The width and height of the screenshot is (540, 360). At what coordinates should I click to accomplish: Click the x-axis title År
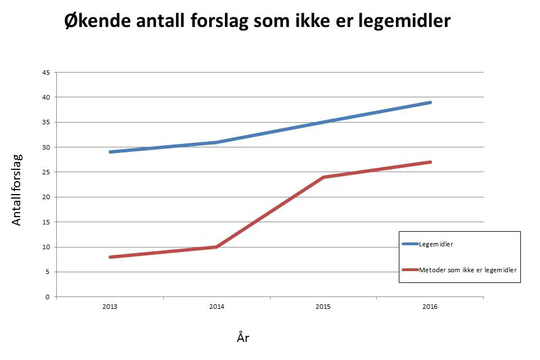click(x=243, y=337)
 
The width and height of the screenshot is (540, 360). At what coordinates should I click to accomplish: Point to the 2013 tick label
click(x=110, y=307)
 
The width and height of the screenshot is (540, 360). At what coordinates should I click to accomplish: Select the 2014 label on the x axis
click(x=217, y=307)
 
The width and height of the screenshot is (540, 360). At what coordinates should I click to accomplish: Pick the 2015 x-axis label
click(x=323, y=307)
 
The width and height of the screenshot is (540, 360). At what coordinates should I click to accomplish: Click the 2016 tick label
click(x=430, y=307)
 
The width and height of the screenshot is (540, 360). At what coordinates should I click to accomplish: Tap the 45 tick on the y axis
click(x=46, y=73)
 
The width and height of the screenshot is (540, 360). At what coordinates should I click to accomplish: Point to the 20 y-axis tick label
click(x=46, y=197)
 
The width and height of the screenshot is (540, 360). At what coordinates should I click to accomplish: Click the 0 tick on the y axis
click(x=48, y=296)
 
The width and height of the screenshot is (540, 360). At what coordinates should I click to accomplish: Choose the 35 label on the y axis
click(x=46, y=122)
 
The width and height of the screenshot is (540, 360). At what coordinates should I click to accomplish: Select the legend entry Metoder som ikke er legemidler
click(x=467, y=270)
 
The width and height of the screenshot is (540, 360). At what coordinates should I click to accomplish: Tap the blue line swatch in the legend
click(x=410, y=244)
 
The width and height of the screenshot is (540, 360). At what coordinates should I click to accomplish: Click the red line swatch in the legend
click(x=410, y=270)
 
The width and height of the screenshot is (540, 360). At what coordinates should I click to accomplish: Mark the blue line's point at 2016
click(x=430, y=102)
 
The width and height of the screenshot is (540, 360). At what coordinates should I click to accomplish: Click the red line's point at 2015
click(x=323, y=177)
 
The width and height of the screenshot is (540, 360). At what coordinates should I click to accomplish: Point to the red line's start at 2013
click(x=110, y=257)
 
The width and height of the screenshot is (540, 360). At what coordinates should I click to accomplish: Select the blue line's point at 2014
click(x=217, y=142)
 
